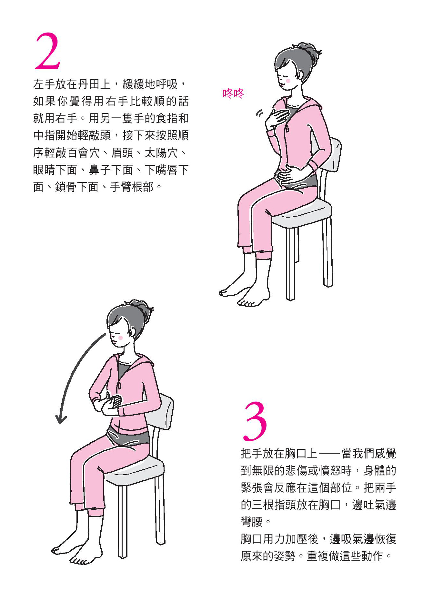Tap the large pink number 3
coord(255,421)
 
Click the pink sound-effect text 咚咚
coord(233,93)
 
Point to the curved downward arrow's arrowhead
coord(61,418)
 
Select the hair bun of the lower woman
coord(141,308)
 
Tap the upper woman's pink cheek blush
coord(288,81)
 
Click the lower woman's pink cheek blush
coord(120,338)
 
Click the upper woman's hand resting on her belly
coord(286,175)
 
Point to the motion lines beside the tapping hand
coord(259,113)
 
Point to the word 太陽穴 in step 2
coord(161,153)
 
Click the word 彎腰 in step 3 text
coord(252,522)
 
